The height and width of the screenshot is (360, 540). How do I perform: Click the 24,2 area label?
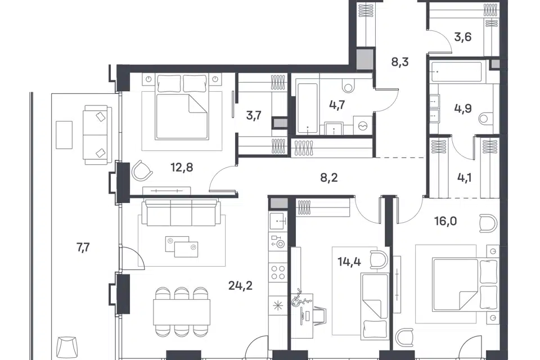pyautogui.click(x=240, y=286)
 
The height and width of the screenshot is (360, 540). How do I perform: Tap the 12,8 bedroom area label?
pyautogui.click(x=182, y=168)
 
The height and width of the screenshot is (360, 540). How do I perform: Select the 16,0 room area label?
pyautogui.click(x=445, y=221)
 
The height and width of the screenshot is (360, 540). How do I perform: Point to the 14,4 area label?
pyautogui.click(x=349, y=262)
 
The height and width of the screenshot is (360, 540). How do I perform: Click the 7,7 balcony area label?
pyautogui.click(x=83, y=247)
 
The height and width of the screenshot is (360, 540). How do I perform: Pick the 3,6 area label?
pyautogui.click(x=462, y=37)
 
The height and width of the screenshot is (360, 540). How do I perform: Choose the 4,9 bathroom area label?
pyautogui.click(x=463, y=109)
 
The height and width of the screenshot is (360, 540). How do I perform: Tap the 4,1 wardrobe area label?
pyautogui.click(x=465, y=178)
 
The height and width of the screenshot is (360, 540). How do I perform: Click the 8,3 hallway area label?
pyautogui.click(x=400, y=62)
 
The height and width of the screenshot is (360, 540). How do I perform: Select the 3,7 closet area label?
pyautogui.click(x=254, y=115)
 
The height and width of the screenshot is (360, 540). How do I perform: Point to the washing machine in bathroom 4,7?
pyautogui.click(x=362, y=126)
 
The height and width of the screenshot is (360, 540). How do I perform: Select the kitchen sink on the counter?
pyautogui.click(x=278, y=221)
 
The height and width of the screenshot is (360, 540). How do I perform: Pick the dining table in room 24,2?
pyautogui.click(x=182, y=312)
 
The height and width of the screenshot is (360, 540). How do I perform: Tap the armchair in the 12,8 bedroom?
pyautogui.click(x=142, y=170)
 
